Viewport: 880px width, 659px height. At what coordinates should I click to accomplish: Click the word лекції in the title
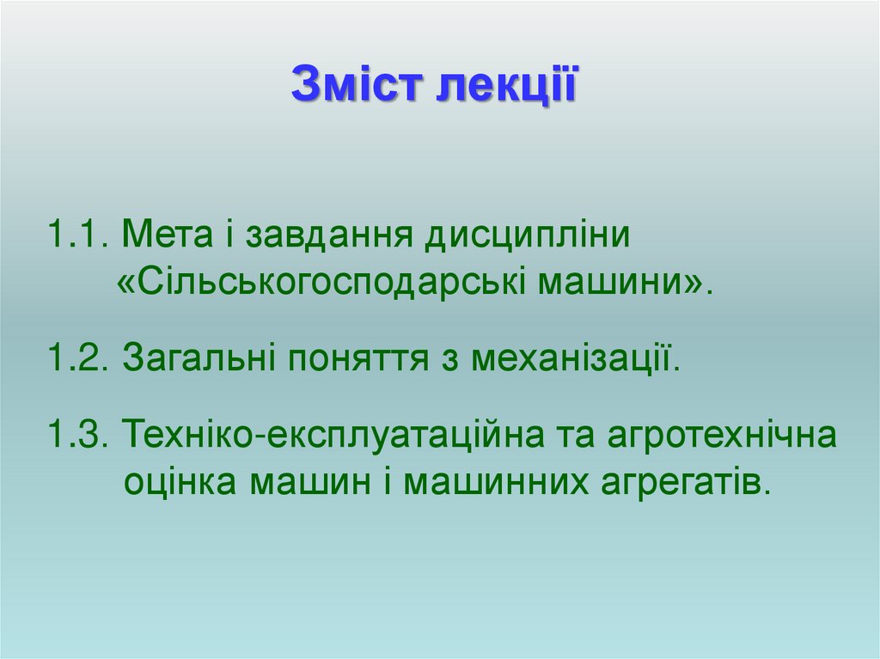(x=508, y=85)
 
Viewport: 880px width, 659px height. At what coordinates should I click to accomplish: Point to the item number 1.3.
(x=76, y=436)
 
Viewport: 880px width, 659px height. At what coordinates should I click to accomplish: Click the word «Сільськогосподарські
(x=322, y=282)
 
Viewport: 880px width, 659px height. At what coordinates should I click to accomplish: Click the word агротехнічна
(x=722, y=436)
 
